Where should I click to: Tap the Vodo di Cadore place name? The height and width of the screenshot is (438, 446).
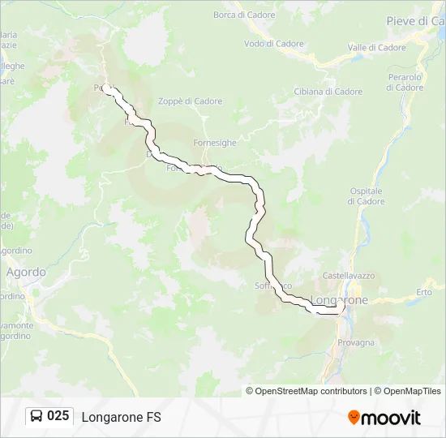(273, 44)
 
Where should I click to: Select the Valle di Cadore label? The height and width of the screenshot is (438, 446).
(376, 48)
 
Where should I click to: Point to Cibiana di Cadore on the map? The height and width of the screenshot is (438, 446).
(328, 92)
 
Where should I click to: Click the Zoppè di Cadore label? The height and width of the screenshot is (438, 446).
(191, 101)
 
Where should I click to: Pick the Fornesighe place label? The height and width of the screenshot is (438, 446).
(215, 143)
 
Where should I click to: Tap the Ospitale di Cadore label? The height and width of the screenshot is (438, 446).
(366, 195)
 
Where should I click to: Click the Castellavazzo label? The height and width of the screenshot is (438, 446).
(348, 276)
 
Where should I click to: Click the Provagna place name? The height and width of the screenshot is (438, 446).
(356, 342)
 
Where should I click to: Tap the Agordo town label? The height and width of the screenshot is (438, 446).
(26, 273)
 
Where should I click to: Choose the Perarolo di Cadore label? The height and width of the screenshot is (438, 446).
(405, 82)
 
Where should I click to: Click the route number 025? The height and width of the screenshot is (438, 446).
(58, 416)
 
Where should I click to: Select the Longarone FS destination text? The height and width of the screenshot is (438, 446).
(121, 417)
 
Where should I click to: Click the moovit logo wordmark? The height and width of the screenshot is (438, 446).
(391, 418)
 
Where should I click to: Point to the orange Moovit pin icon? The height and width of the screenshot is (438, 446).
(354, 418)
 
